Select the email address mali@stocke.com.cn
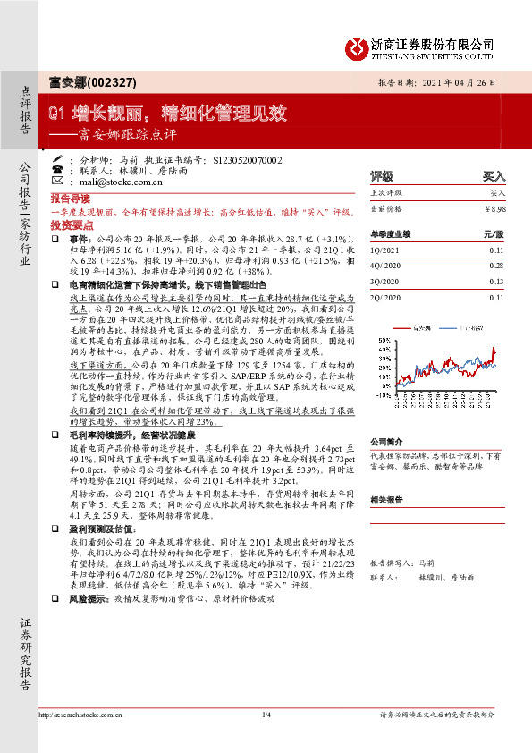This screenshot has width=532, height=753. pyautogui.click(x=110, y=182)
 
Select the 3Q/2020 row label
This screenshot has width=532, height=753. pyautogui.click(x=385, y=282)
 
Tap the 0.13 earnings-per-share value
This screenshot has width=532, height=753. pyautogui.click(x=497, y=282)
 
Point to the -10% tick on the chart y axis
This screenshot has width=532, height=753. pyautogui.click(x=379, y=393)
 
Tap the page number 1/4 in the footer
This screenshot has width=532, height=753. pyautogui.click(x=266, y=715)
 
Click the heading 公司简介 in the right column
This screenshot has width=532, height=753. pyautogui.click(x=388, y=442)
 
